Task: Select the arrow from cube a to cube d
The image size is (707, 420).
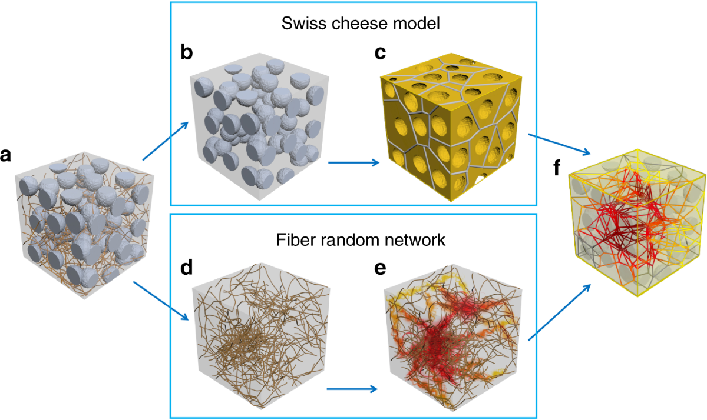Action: pos(162,301)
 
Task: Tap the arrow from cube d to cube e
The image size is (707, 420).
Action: pos(352,389)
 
